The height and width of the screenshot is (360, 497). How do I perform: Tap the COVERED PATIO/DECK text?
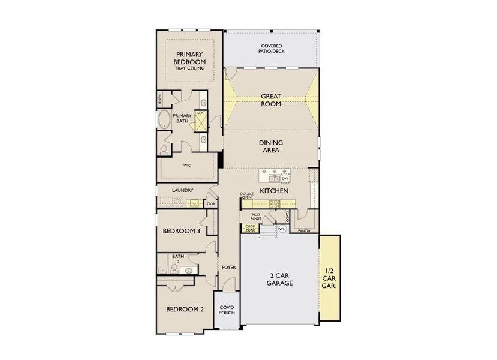click(x=272, y=49)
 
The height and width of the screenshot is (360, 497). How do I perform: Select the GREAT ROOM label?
click(x=271, y=100)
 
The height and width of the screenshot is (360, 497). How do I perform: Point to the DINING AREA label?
click(x=271, y=146)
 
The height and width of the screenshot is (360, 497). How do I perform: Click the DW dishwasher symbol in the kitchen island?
click(x=285, y=178)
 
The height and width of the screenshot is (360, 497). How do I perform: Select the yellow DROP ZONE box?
click(x=250, y=229)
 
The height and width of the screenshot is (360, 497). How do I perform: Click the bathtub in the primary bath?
click(x=163, y=120)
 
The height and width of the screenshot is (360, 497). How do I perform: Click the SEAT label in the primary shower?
click(x=201, y=113)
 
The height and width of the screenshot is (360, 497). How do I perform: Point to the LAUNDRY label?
click(x=182, y=191)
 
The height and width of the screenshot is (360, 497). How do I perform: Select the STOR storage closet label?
click(x=210, y=204)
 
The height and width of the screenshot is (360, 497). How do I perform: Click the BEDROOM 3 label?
click(x=181, y=230)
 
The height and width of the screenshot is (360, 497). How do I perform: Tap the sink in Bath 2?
click(x=189, y=271)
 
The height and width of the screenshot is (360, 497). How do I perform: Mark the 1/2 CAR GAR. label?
click(x=330, y=279)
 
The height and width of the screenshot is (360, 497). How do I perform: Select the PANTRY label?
click(x=304, y=229)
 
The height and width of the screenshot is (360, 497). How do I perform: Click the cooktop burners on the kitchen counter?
click(x=274, y=204)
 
